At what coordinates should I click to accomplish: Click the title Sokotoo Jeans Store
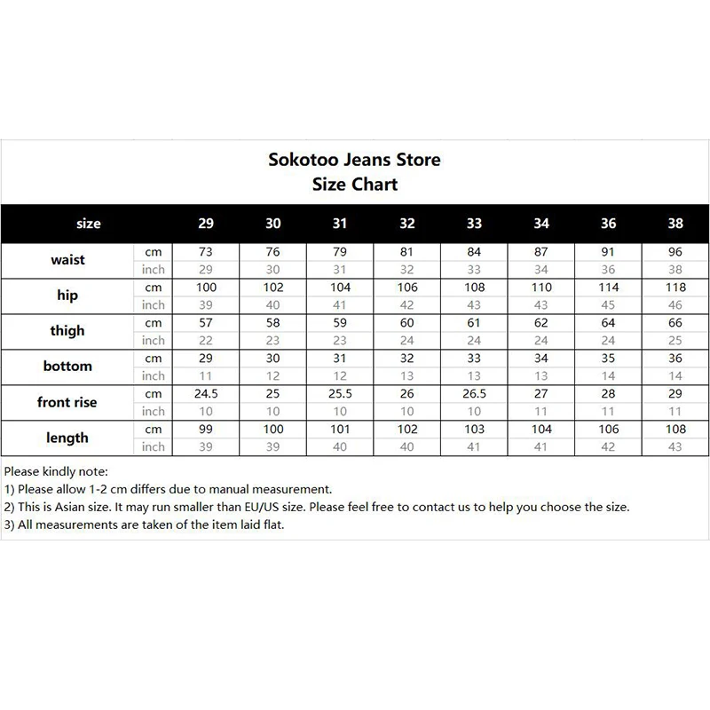pyautogui.click(x=354, y=161)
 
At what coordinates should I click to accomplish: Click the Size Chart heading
pyautogui.click(x=355, y=185)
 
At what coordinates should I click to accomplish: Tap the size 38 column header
pyautogui.click(x=675, y=224)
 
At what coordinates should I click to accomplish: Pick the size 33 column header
pyautogui.click(x=474, y=224)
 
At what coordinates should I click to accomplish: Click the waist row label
pyautogui.click(x=67, y=260)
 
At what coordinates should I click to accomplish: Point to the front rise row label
pyautogui.click(x=67, y=402)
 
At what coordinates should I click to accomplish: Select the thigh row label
pyautogui.click(x=67, y=331)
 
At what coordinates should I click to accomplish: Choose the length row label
pyautogui.click(x=67, y=438)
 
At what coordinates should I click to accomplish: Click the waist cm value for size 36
pyautogui.click(x=608, y=252)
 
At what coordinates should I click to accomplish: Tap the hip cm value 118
pyautogui.click(x=675, y=288)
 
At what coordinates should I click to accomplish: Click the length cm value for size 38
pyautogui.click(x=675, y=430)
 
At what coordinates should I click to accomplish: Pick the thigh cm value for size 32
pyautogui.click(x=406, y=323)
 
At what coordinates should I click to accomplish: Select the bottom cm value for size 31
pyautogui.click(x=340, y=359)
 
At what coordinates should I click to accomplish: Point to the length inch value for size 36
pyautogui.click(x=608, y=446)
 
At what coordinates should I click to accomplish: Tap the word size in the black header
pyautogui.click(x=89, y=224)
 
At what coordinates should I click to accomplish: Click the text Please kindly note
pyautogui.click(x=56, y=471)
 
